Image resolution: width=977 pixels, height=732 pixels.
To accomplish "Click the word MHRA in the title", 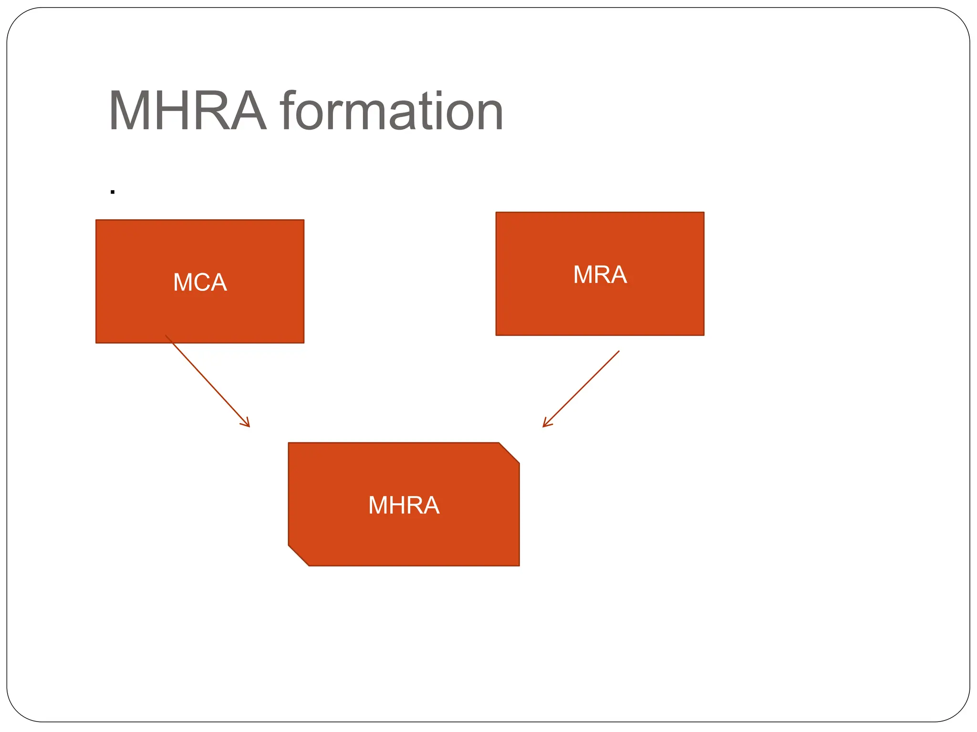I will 187,111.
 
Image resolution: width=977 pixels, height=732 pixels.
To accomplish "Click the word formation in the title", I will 391,111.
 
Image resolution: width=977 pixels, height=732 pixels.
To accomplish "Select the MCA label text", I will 200,282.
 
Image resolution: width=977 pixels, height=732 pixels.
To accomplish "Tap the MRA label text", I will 600,274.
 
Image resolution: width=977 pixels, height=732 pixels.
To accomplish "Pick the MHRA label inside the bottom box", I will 404,505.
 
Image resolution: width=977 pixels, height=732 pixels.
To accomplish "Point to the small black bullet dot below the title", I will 113,192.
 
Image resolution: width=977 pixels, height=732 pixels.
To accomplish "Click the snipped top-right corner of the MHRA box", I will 509,453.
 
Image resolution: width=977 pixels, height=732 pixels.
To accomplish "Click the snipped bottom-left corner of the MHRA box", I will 298,556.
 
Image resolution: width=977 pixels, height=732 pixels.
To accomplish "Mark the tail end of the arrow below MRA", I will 619,351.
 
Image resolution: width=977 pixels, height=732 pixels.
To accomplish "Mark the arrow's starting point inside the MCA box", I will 166,335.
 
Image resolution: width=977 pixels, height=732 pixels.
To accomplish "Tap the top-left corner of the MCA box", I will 96,220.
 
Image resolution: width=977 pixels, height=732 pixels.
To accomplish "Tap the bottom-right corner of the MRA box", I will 704,335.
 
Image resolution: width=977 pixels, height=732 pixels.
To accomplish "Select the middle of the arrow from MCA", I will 208,381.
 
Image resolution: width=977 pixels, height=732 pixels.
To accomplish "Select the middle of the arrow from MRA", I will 581,389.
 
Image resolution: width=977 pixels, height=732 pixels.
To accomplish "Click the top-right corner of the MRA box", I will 704,213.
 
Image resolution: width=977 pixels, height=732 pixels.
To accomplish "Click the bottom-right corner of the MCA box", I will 303,343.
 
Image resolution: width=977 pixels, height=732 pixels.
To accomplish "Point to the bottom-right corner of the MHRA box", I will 519,566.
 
